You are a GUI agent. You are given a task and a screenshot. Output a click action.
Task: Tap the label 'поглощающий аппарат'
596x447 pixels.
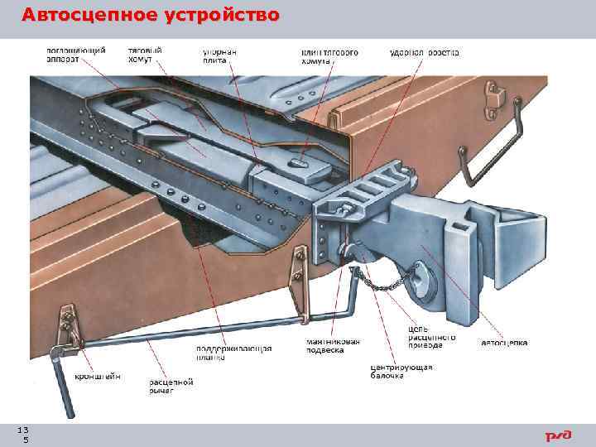click(75, 55)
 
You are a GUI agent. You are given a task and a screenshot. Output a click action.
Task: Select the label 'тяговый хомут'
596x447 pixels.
click(145, 55)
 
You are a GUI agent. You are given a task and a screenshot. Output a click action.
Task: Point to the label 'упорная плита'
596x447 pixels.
click(219, 55)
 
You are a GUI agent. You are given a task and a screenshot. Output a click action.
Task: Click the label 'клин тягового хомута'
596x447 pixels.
click(329, 55)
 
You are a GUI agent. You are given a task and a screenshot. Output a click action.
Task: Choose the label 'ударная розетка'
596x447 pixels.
click(424, 52)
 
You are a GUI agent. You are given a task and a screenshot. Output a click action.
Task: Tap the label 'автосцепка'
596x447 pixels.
click(504, 342)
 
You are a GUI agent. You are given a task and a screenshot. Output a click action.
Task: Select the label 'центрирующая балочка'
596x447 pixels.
click(401, 371)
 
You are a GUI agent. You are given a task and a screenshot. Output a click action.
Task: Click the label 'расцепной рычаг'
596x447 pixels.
click(171, 386)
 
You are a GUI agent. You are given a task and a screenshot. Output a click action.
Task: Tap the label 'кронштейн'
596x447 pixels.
click(98, 376)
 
